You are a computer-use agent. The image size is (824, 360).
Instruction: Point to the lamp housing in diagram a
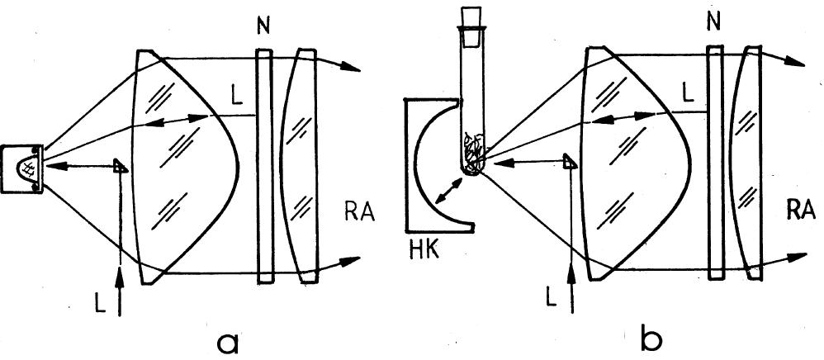[x=22, y=168]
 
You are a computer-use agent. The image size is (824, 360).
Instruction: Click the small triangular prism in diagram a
[x=121, y=166]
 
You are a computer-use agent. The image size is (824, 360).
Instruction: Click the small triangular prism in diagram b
[x=569, y=162]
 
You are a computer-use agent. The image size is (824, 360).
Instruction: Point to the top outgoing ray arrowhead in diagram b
[x=800, y=59]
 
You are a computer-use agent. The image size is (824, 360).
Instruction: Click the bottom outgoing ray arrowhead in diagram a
[x=352, y=261]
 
